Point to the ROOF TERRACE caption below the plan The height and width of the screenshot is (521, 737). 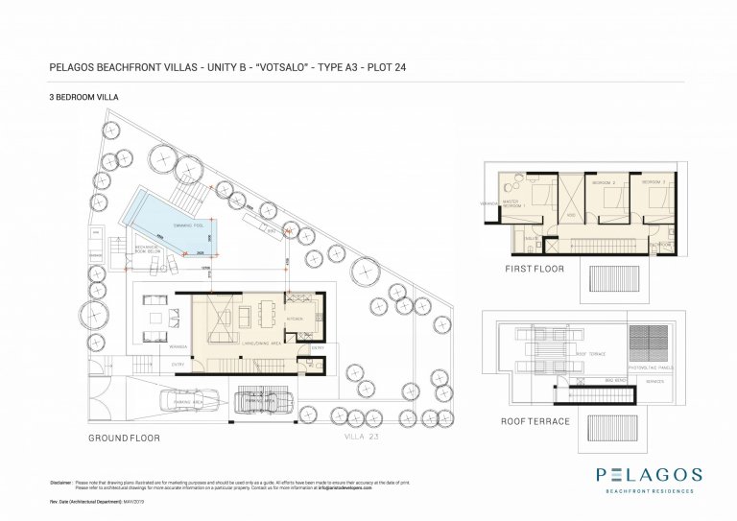535,421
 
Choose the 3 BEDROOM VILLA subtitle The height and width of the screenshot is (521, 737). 83,97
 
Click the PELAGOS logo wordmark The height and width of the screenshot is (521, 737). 648,474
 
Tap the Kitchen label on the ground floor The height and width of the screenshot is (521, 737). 296,318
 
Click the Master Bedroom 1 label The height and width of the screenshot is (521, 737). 516,205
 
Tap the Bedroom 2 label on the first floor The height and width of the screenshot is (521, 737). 602,182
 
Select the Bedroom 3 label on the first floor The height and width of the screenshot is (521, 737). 654,182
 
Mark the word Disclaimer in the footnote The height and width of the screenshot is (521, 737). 61,482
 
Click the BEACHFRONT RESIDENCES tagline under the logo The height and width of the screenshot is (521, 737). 648,490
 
